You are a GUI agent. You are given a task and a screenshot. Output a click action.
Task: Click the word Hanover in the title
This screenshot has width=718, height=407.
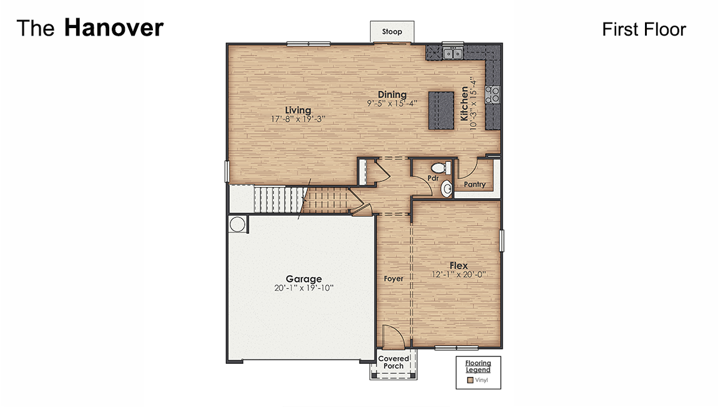(114, 28)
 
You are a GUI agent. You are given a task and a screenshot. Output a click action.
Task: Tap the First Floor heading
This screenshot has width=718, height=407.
(644, 29)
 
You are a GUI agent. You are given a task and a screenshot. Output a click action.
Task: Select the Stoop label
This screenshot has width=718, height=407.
(392, 32)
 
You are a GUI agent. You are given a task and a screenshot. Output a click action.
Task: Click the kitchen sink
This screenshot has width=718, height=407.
(453, 53)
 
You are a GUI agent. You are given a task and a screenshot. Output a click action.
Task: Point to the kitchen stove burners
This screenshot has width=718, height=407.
(493, 94)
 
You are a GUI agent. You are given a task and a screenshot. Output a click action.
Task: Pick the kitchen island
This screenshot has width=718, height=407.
(441, 111)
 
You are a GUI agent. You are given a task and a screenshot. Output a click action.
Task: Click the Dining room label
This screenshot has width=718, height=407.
(392, 94)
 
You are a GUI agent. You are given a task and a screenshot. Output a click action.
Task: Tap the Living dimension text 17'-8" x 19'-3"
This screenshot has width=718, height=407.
(298, 119)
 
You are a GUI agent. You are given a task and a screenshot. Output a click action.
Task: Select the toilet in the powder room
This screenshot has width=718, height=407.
(441, 168)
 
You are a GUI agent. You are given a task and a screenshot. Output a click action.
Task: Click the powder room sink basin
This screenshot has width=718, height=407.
(446, 188)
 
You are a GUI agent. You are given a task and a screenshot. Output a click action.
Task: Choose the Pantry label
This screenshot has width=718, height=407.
(475, 184)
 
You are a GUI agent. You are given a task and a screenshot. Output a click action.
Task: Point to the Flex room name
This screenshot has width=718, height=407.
(458, 266)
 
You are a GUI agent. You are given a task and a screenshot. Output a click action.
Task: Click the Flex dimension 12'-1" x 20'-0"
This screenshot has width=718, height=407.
(459, 274)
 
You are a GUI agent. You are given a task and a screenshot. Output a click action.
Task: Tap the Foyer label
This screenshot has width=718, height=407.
(393, 279)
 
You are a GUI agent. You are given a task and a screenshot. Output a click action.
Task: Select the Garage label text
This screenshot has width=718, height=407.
(303, 279)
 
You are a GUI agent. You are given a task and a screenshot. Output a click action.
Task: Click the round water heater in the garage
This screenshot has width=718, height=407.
(237, 224)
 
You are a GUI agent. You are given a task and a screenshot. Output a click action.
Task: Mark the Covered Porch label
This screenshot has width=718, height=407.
(393, 362)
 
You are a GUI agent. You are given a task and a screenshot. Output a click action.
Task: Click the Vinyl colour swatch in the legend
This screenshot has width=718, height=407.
(470, 380)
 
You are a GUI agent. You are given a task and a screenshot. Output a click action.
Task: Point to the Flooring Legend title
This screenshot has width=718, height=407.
(478, 366)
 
